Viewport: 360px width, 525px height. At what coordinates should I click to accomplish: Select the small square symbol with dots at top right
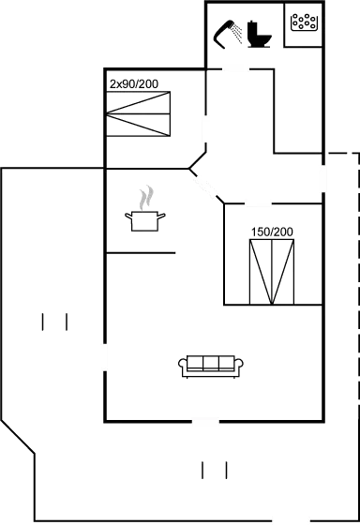pos(303,22)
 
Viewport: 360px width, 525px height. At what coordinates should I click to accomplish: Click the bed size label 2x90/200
pos(134,84)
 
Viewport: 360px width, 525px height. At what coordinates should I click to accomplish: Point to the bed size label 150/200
pos(271,232)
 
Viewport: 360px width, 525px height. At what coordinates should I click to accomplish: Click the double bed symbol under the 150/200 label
pos(272,271)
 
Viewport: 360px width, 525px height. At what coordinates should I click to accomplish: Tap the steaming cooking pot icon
pos(144,219)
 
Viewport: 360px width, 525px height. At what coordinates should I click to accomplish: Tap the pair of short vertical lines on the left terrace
pos(55,322)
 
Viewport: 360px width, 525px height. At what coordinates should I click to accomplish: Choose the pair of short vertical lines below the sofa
pos(215,470)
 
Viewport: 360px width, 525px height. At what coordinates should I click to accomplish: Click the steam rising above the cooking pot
pos(144,198)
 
